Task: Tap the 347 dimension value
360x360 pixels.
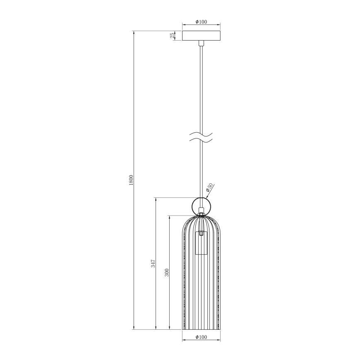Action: pos(153,263)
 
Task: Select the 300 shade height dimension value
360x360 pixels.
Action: pos(167,272)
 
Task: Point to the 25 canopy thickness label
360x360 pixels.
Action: pos(172,36)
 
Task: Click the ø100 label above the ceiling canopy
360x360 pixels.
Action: pos(201,22)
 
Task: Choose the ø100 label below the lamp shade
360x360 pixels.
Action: pos(201,337)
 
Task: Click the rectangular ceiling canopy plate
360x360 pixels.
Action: pos(201,36)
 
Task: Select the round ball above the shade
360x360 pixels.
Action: pos(201,205)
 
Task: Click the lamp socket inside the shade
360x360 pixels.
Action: pos(201,243)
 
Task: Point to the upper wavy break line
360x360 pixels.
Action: pos(201,135)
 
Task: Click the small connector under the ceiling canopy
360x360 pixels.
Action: pos(201,43)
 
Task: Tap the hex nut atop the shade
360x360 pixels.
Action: pos(201,215)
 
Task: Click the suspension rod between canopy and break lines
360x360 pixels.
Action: pos(201,87)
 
